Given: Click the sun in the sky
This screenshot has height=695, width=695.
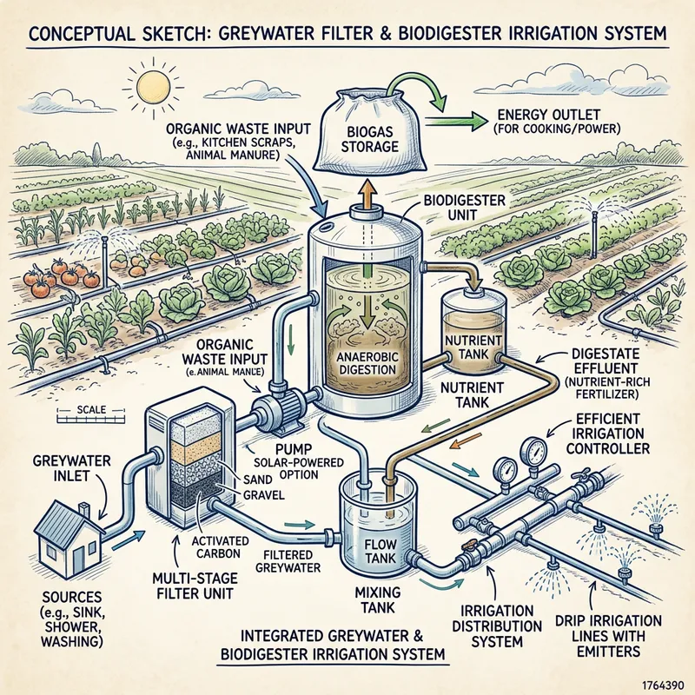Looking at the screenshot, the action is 152,87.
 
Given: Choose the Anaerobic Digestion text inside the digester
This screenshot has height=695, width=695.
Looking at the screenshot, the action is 366,362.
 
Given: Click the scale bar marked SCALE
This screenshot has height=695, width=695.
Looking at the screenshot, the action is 91,414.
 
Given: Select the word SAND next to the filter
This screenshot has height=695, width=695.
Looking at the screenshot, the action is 257,480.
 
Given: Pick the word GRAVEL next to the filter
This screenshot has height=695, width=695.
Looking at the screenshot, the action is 264,494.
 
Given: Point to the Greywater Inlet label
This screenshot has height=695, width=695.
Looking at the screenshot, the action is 71,468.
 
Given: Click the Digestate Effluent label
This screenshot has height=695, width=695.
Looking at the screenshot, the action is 605,374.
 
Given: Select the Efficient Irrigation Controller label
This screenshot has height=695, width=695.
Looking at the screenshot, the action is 607,434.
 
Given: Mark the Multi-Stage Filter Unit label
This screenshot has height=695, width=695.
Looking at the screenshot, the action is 194,586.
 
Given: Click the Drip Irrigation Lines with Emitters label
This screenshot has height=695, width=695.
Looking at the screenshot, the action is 608,635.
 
